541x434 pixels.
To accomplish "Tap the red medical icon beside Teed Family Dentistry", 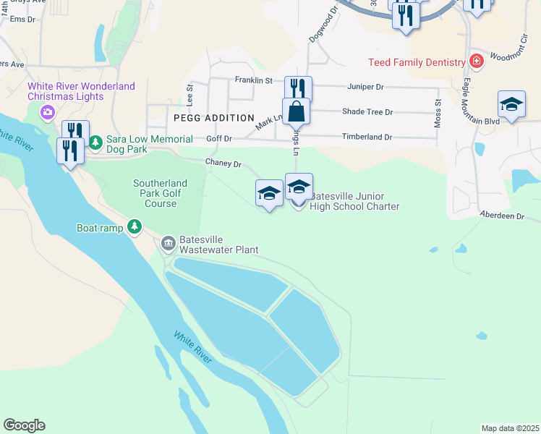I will coord(476,61).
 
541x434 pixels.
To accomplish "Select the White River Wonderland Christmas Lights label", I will coord(81,91).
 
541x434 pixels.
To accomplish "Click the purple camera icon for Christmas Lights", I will coord(48,111).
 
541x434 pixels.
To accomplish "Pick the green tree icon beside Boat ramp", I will coord(135,228).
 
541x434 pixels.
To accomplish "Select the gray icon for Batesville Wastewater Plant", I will coord(169,242).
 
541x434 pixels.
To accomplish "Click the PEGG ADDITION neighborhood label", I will coord(214,117).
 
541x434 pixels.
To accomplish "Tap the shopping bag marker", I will coord(296,112).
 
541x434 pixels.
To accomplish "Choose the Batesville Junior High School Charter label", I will coord(354,201).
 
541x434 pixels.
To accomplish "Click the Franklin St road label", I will coord(253,80).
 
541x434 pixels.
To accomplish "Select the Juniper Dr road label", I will coord(365,87).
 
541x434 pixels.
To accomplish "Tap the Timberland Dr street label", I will coord(367,137).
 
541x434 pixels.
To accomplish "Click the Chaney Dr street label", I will coord(223,164).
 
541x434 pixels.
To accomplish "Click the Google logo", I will coord(24,425).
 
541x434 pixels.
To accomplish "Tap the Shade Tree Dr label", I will coord(367,112).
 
